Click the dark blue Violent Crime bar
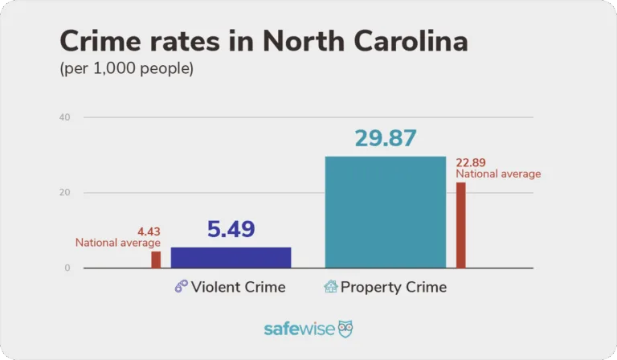(x=231, y=257)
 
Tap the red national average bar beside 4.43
(x=156, y=260)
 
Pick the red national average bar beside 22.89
(x=460, y=225)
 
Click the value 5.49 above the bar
(x=231, y=230)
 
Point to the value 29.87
(x=386, y=138)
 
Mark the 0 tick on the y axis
(x=67, y=268)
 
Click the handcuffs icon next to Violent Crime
(x=181, y=287)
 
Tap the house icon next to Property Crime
(x=330, y=286)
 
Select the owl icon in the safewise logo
(x=345, y=329)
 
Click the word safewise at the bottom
(x=299, y=329)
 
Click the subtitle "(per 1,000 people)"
(x=126, y=70)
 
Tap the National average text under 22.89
(x=498, y=174)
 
